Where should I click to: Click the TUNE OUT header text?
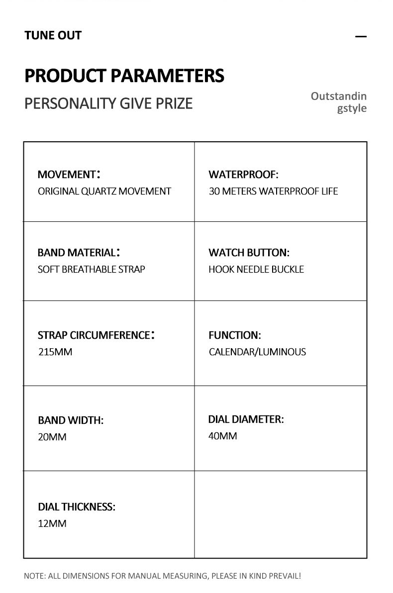pos(53,35)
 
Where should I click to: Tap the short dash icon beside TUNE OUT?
pos(361,36)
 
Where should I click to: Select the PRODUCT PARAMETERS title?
pos(124,76)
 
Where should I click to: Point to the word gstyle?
pos(352,108)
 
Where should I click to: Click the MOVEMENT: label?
pos(69,174)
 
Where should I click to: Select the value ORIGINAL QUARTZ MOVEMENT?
pos(104,191)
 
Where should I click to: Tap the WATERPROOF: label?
pos(243,174)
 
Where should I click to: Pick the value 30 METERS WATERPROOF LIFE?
pos(273,191)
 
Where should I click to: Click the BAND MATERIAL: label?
pos(79,252)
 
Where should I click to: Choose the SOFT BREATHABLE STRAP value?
pos(92,269)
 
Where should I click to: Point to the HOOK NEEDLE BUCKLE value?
pos(256,269)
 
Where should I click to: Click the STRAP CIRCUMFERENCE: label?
pos(96,335)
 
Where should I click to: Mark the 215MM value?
pos(55,352)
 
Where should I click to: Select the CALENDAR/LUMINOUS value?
pos(257,352)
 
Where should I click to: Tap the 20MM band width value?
pos(52,437)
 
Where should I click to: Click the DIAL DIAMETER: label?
pos(246,419)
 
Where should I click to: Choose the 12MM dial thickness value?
pos(52,523)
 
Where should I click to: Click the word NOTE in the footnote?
pos(34,576)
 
